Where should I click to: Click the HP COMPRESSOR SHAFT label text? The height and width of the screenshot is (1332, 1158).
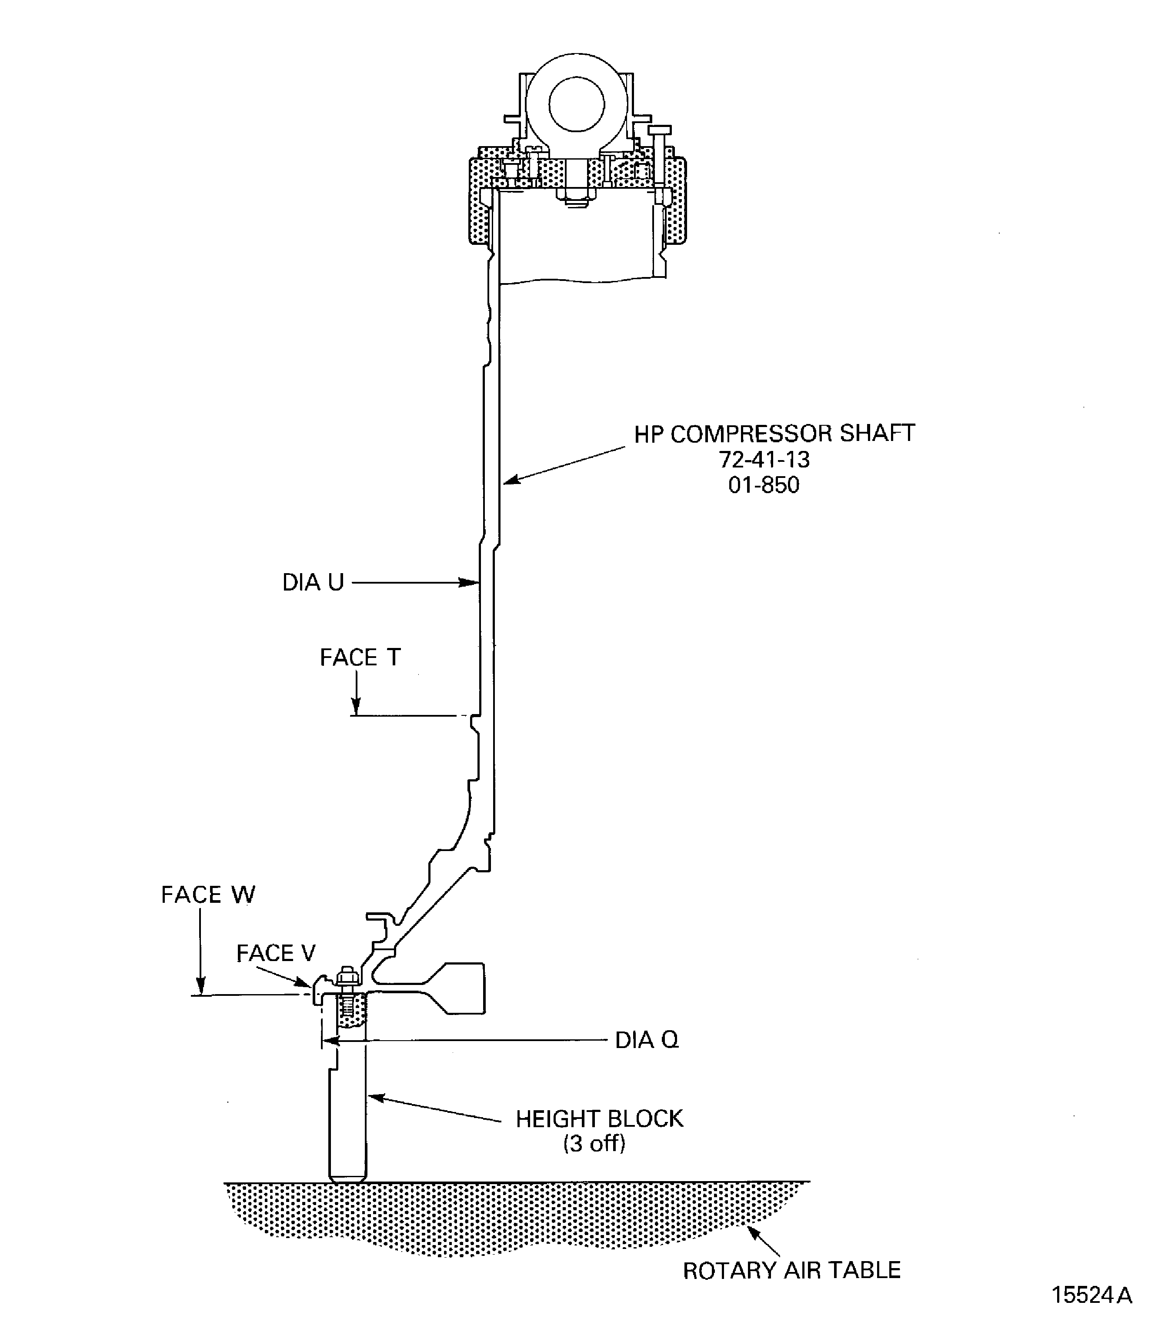774,434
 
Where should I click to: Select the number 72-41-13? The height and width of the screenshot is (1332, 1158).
764,460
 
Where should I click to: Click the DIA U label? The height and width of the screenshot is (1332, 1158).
313,582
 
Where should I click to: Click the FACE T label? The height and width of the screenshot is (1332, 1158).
360,657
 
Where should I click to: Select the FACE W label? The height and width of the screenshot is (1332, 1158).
207,895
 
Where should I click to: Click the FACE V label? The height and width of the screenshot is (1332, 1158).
275,953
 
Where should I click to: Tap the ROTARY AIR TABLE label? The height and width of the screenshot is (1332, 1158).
791,1271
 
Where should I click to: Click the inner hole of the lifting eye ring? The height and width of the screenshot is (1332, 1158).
577,103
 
